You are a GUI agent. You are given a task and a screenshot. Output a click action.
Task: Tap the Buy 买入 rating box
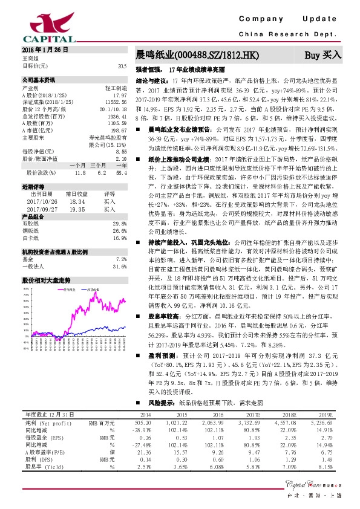(322, 55)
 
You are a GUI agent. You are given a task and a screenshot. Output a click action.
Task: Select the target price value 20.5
(122, 65)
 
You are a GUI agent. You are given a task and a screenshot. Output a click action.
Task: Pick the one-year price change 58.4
(120, 172)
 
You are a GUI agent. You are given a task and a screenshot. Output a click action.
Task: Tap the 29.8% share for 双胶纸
(120, 223)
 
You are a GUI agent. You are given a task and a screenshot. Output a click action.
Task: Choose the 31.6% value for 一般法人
(120, 266)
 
